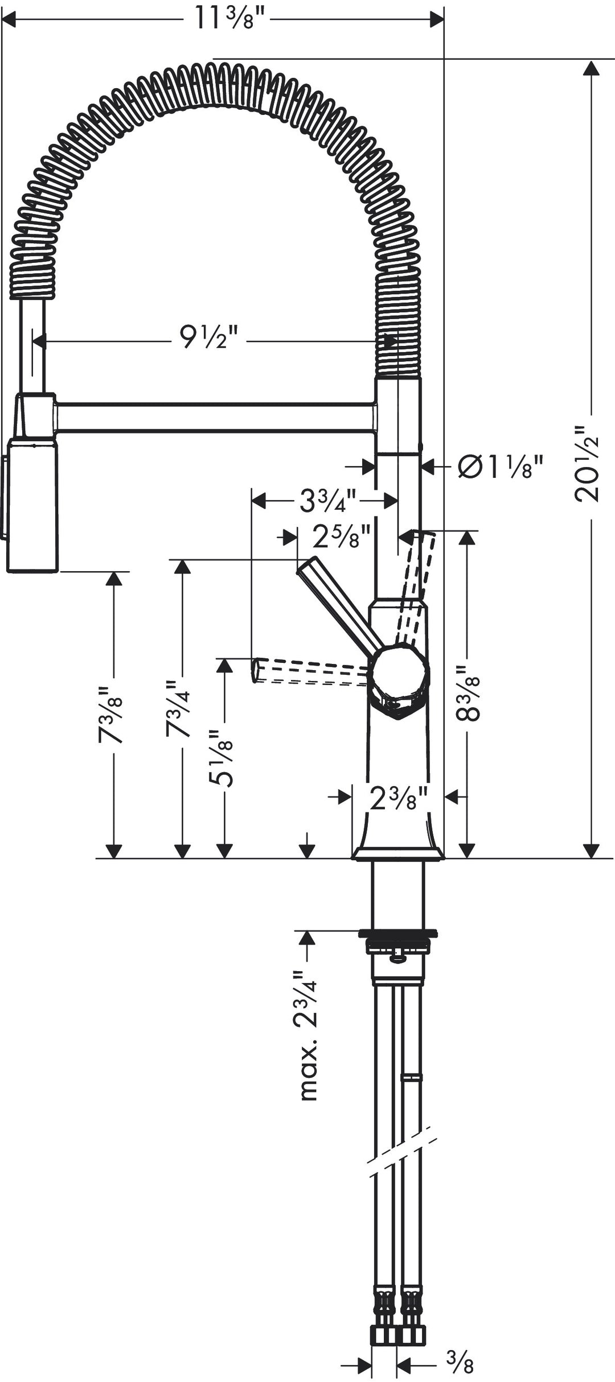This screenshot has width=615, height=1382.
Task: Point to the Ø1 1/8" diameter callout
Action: [501, 467]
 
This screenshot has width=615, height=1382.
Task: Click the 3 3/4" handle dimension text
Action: [327, 501]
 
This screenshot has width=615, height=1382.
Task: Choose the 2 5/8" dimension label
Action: [341, 536]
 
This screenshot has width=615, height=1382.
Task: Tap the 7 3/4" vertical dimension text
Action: [178, 708]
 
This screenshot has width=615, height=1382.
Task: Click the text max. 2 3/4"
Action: [307, 1036]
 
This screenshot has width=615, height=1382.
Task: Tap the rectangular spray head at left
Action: [33, 505]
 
